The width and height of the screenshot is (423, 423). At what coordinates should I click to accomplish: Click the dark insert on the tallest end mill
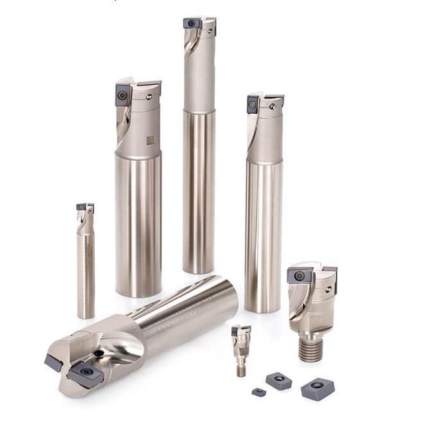(192, 23)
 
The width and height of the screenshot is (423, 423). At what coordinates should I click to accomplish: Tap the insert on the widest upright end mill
(123, 96)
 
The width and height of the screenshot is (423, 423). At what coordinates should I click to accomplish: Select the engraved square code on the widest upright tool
(150, 139)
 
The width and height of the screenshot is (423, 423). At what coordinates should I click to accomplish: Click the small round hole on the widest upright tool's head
(149, 97)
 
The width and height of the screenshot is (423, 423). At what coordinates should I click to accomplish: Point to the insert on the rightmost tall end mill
(253, 104)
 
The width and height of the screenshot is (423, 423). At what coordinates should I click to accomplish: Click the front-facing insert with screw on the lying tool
(84, 373)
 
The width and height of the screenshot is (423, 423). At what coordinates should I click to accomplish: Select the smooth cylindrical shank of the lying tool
(193, 302)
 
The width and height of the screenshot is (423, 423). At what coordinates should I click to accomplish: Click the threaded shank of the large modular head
(310, 348)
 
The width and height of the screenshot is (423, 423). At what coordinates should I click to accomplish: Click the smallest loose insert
(258, 392)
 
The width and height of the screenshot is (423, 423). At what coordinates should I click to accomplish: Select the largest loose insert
(318, 389)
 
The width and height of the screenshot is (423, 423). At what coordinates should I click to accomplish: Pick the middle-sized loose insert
(278, 381)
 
